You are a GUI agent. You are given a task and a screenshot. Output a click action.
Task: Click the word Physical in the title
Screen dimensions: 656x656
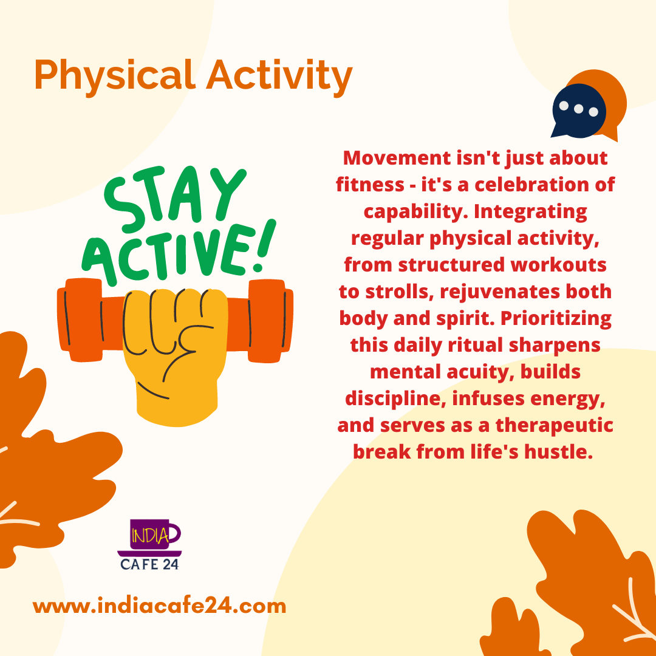tap(115, 76)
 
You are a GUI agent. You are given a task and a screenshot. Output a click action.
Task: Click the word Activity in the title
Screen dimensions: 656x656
tap(279, 76)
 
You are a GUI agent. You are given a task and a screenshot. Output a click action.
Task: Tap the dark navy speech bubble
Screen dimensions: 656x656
tap(578, 111)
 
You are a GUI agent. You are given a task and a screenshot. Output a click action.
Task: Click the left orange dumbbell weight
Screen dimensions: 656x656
tap(80, 319)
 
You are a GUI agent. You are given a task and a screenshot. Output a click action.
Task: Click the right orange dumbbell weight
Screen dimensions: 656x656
tap(270, 321)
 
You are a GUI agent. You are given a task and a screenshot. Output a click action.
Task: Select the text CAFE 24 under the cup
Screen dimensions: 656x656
tap(150, 564)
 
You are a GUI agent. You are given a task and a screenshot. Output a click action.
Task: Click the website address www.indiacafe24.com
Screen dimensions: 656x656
tap(159, 606)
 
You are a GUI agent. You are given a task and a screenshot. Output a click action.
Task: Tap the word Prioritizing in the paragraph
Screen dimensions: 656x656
tap(556, 318)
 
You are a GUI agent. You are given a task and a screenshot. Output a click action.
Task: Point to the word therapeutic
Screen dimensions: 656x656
tap(555, 425)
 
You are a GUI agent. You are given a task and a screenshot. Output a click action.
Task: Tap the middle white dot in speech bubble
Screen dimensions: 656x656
tap(579, 109)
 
